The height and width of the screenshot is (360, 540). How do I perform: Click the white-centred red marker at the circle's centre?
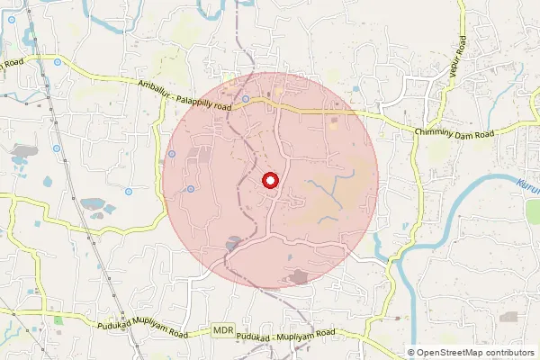[x=269, y=181]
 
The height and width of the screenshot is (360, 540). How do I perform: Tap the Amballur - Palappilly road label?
[x=185, y=94]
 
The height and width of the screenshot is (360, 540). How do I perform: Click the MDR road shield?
[x=224, y=331]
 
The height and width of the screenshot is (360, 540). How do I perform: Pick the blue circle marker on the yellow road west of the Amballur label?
[x=58, y=62]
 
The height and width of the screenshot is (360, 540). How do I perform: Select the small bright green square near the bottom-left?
[x=58, y=319]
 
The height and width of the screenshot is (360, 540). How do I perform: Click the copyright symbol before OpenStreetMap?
[x=411, y=352]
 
